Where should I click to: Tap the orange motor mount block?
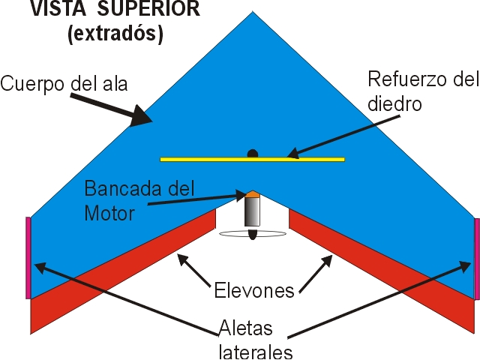253,194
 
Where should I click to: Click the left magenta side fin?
28,257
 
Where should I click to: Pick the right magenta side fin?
477,259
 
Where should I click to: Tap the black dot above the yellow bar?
253,153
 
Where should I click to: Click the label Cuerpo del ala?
64,83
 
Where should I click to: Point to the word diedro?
397,104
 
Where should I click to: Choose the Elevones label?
253,290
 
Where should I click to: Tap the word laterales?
255,351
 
